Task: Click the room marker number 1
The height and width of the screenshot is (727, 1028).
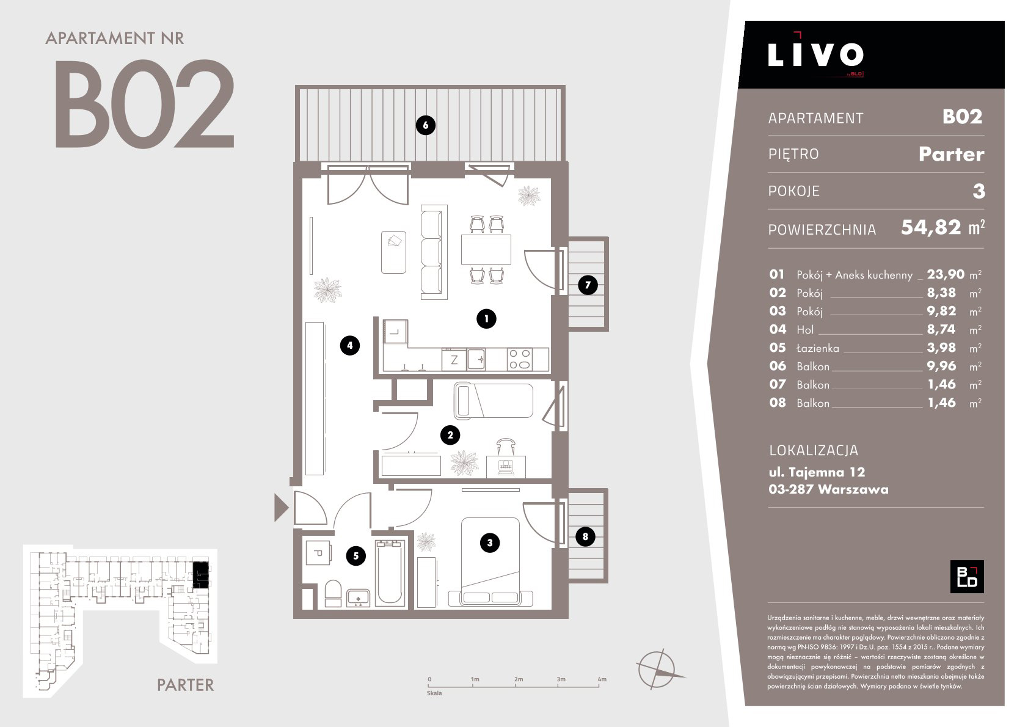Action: click(x=486, y=318)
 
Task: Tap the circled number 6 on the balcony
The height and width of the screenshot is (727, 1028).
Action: click(x=425, y=125)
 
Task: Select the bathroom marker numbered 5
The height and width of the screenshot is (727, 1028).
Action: click(x=355, y=557)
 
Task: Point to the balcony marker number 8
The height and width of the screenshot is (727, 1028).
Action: click(x=585, y=536)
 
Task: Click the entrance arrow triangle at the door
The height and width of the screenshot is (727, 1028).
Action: click(x=281, y=508)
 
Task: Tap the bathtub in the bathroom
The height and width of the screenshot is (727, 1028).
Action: click(x=390, y=572)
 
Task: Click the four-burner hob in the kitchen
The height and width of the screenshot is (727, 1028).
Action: click(x=520, y=359)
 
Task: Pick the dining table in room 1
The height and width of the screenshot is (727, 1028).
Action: click(x=486, y=249)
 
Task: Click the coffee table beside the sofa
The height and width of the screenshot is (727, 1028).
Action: click(x=394, y=252)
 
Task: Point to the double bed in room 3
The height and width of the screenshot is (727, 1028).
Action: click(x=490, y=562)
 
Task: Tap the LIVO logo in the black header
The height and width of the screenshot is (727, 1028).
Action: click(x=815, y=54)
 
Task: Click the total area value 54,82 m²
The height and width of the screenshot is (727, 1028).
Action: click(x=942, y=227)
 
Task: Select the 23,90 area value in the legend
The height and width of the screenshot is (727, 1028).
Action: click(x=946, y=274)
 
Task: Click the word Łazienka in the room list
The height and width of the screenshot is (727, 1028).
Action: click(x=818, y=348)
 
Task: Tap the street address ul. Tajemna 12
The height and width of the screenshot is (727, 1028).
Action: click(x=817, y=472)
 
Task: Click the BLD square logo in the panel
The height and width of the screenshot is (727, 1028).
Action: click(x=967, y=577)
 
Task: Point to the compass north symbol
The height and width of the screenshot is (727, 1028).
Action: click(x=658, y=670)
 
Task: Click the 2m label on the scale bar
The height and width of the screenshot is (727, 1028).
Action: click(x=518, y=679)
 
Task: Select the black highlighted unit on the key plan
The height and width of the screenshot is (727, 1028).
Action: click(x=200, y=575)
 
